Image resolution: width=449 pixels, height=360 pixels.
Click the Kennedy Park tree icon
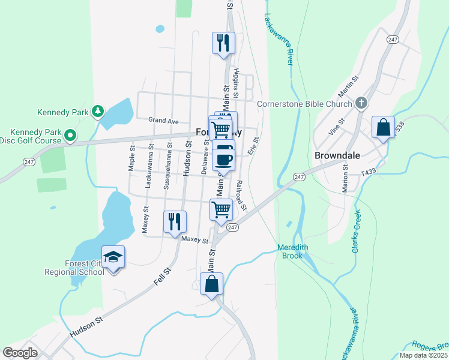pyautogui.click(x=97, y=112)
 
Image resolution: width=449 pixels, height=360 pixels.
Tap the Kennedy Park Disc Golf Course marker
pyautogui.click(x=70, y=136)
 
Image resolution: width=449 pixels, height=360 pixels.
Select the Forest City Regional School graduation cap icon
pyautogui.click(x=113, y=257)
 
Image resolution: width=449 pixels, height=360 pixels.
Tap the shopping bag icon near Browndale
pyautogui.click(x=383, y=127)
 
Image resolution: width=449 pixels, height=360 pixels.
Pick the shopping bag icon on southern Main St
pyautogui.click(x=211, y=284)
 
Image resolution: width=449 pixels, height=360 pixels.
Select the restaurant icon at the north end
pyautogui.click(x=223, y=43)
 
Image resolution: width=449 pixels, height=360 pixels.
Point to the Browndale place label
pyautogui.click(x=337, y=155)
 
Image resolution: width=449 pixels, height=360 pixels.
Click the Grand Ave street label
pyautogui.click(x=164, y=121)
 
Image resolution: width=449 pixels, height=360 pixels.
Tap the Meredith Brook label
pyautogui.click(x=293, y=251)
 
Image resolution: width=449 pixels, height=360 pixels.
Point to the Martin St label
pyautogui.click(x=348, y=87)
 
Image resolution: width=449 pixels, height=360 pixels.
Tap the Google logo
pyautogui.click(x=20, y=352)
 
